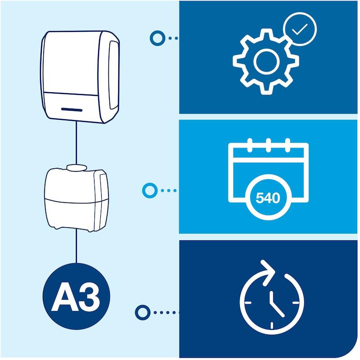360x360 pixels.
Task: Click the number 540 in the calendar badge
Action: click(268, 198)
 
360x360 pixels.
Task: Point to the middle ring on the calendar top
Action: click(268, 145)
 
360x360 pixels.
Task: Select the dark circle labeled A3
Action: click(76, 296)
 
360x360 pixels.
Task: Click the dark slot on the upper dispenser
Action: click(72, 110)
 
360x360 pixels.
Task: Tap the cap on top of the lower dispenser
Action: click(76, 167)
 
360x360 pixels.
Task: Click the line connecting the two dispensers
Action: click(76, 143)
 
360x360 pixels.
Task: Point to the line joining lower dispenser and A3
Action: click(76, 246)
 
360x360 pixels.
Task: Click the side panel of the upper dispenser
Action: click(114, 75)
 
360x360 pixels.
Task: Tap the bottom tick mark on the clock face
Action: click(272, 325)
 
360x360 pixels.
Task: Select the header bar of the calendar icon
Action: click(268, 153)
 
